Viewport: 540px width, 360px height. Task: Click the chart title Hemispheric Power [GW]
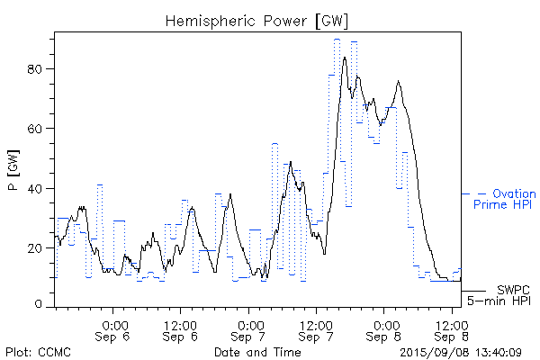pyautogui.click(x=256, y=20)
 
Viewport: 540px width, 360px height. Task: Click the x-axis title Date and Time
pyautogui.click(x=256, y=351)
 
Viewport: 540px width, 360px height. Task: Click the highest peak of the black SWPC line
pyautogui.click(x=345, y=58)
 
